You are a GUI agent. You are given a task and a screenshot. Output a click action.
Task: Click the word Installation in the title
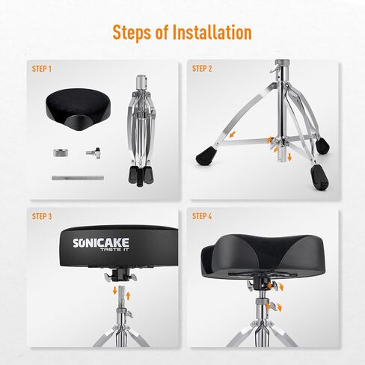pos(212,32)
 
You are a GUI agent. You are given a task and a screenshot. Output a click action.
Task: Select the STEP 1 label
pos(42,69)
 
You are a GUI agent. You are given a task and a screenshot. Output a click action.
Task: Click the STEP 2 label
pos(202,69)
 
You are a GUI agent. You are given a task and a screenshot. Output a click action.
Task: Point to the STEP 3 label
pos(42,216)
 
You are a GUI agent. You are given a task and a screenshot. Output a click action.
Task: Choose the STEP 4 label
pos(202,216)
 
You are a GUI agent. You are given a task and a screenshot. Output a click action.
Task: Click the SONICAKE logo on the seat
pos(101,242)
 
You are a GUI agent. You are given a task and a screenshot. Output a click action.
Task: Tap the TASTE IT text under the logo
pos(114,249)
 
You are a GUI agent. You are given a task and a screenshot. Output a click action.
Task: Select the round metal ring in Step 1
pos(61,153)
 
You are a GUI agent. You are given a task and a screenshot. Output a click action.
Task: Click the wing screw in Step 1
pos(93,153)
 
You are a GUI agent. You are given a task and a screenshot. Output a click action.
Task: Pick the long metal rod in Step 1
pos(78,178)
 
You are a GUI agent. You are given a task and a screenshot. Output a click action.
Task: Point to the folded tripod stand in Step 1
pos(141,130)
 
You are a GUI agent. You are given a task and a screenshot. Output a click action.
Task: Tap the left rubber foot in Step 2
pos(206,155)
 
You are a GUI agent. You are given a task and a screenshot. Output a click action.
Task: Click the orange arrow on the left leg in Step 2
pos(233,135)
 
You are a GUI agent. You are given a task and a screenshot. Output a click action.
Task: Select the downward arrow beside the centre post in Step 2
pos(289,157)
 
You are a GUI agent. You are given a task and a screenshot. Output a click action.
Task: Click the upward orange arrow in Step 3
pos(128,295)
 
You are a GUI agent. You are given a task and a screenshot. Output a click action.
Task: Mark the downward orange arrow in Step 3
pos(115,290)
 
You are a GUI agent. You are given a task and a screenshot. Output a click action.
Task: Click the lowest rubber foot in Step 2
pos(319,177)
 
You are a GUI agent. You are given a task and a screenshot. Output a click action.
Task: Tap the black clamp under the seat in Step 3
pos(120,274)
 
